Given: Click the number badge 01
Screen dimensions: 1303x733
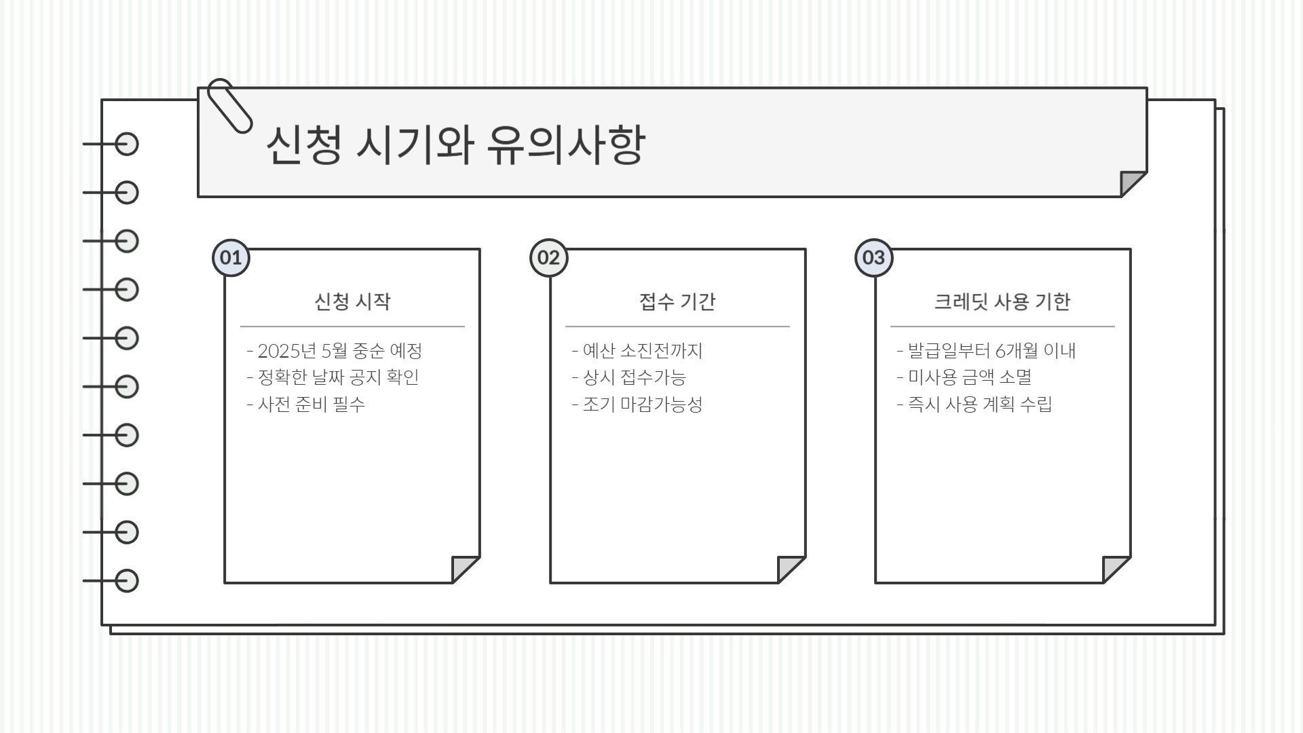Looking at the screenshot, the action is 231,258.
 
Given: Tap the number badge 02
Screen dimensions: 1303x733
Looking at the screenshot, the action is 548,258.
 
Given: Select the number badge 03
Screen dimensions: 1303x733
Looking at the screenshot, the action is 873,258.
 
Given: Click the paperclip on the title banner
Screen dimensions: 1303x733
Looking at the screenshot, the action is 229,105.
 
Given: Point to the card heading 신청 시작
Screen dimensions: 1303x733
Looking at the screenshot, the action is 352,301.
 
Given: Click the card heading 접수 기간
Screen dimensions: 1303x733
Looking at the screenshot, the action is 677,301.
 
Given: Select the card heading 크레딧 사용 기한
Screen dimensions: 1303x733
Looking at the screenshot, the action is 1002,301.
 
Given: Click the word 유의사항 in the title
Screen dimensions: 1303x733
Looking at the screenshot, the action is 565,145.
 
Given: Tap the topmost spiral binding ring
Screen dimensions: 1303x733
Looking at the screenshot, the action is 126,145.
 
